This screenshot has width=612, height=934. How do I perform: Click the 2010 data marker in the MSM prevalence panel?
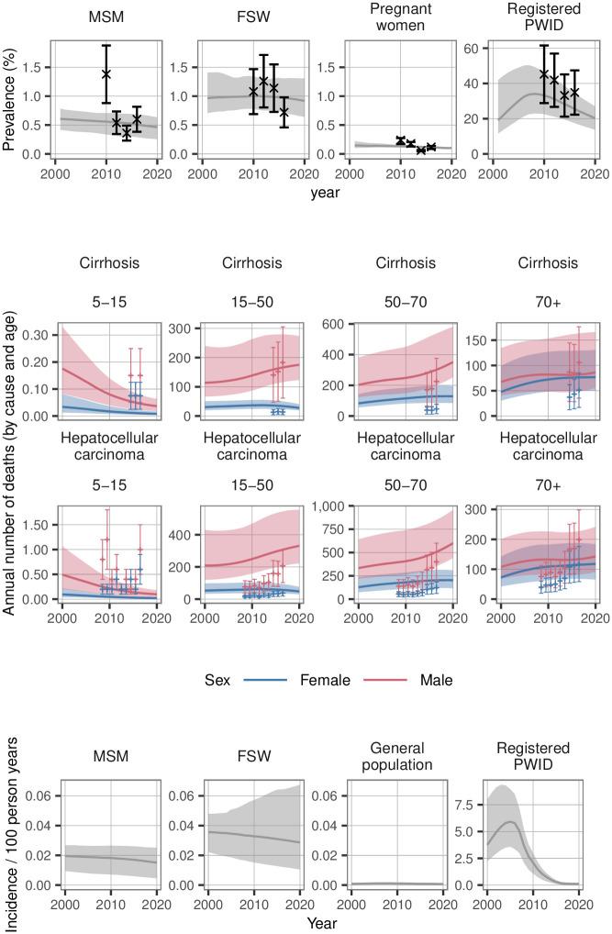coord(106,74)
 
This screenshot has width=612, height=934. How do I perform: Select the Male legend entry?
coord(435,681)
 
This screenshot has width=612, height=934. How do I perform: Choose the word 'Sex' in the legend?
coord(217,681)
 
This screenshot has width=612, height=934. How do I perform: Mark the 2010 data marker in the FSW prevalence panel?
coord(253,92)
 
